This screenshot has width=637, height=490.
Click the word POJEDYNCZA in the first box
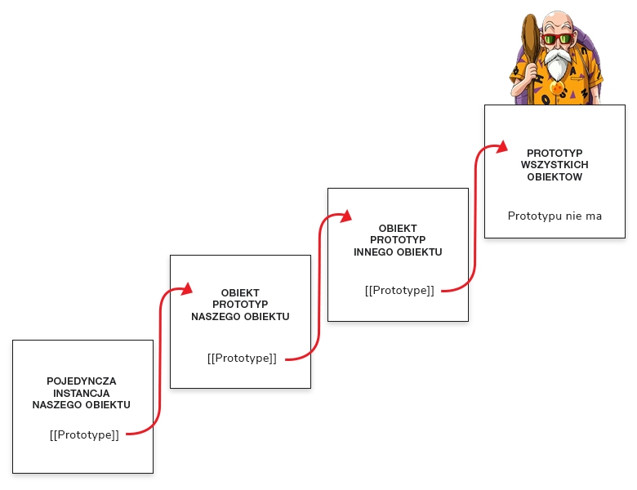pos(82,381)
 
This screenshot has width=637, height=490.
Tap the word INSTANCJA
pos(82,393)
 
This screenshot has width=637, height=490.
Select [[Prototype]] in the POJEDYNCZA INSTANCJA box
pos(84,434)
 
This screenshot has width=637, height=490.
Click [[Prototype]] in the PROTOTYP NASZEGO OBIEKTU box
pos(242,358)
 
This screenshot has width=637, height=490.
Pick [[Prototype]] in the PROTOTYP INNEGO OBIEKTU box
pos(399,290)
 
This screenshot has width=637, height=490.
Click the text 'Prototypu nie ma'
pos(555,216)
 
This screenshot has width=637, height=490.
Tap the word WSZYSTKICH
pos(555,164)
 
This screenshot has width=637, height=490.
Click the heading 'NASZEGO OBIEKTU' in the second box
pos(240,317)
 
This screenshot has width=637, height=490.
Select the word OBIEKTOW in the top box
pos(555,176)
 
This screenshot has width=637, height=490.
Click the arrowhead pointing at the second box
pos(186,288)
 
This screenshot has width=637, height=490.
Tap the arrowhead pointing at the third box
pos(345,216)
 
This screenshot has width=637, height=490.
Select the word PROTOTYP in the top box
pos(555,153)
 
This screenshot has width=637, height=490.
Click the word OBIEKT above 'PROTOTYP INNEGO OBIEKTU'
pos(399,229)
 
